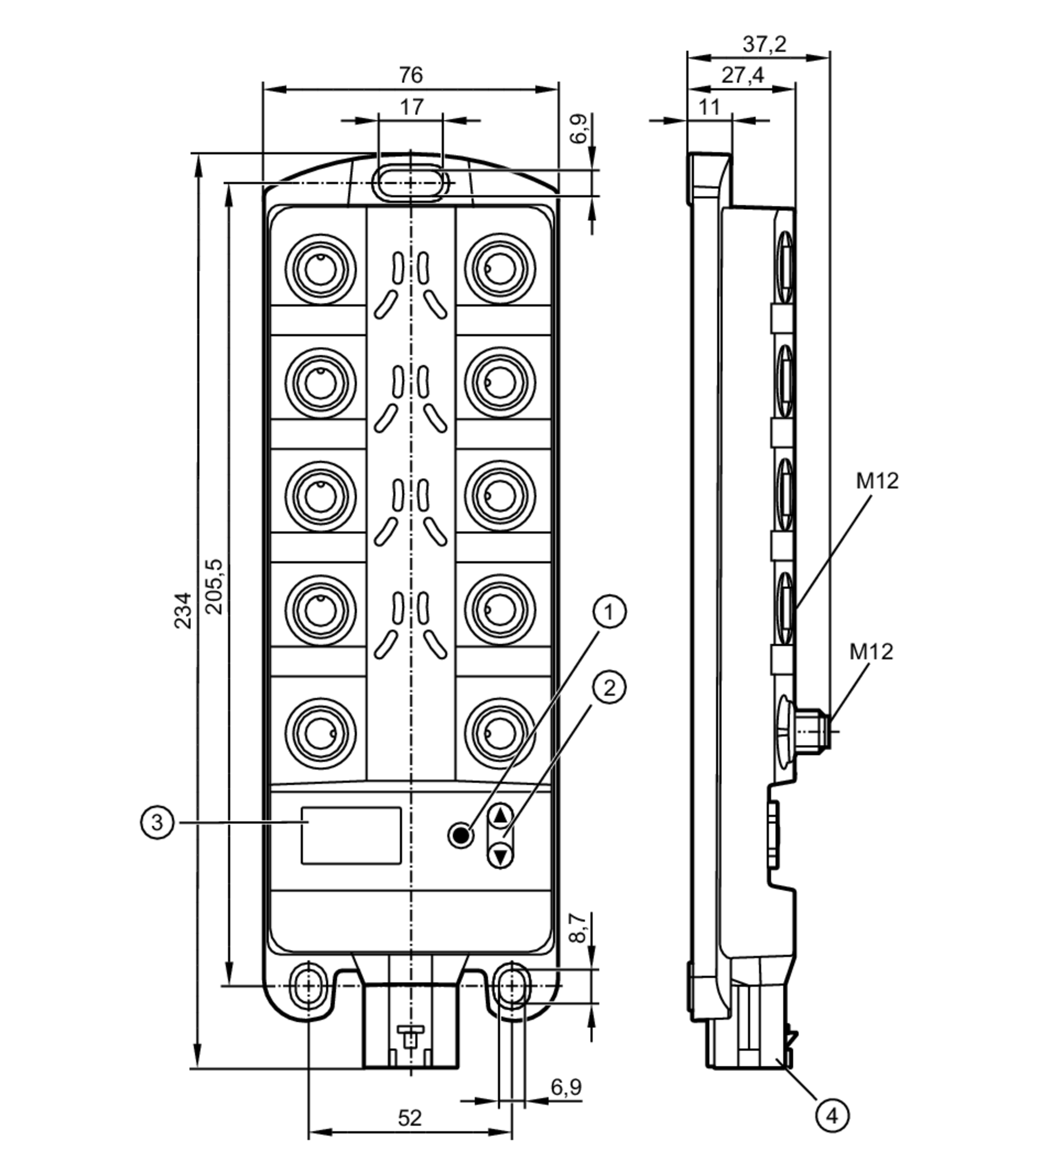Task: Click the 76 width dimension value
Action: tap(411, 75)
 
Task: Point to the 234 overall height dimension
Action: tap(183, 610)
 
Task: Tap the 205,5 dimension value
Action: tap(214, 586)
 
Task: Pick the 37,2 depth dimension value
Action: tap(764, 44)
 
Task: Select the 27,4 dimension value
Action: tap(743, 75)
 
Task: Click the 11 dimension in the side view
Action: tap(709, 107)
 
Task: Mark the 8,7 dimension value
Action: tap(578, 928)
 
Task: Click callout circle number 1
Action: tap(609, 612)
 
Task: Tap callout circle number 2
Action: tap(609, 688)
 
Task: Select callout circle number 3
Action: tap(156, 823)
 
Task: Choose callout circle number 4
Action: tap(832, 1116)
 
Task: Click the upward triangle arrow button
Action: tap(501, 815)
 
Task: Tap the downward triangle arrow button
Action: tap(501, 857)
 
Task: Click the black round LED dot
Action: tap(461, 836)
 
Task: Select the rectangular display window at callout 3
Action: tap(351, 836)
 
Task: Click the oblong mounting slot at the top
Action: tap(410, 183)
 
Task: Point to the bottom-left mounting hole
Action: tap(309, 986)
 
